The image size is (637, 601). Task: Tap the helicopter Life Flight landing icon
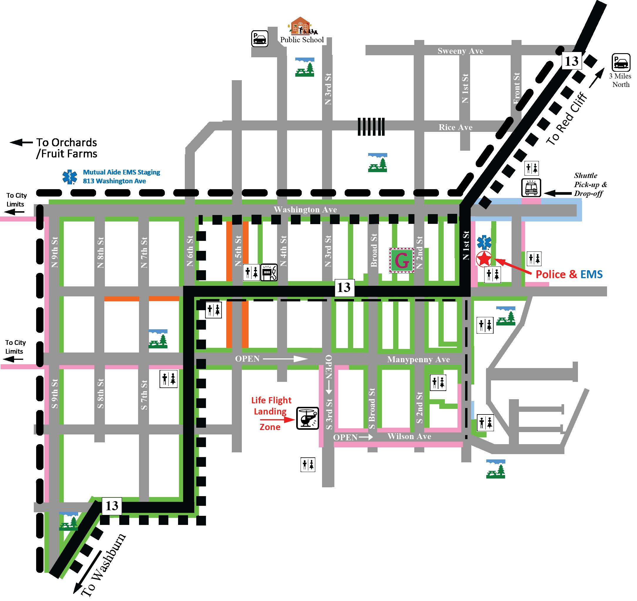click(307, 418)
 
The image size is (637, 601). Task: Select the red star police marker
click(484, 258)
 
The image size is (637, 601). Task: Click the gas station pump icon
click(269, 272)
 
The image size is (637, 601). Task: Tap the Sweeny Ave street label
click(460, 51)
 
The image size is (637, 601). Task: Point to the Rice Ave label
click(455, 127)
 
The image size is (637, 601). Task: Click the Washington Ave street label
click(305, 210)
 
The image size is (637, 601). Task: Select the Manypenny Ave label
click(418, 360)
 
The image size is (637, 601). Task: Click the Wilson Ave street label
click(409, 436)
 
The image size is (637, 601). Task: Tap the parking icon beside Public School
click(259, 39)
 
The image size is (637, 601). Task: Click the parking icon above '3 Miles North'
click(621, 62)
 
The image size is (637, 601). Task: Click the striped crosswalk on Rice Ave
click(371, 127)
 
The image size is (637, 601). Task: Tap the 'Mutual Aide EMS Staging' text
click(121, 172)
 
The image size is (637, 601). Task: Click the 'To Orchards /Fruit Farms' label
click(66, 148)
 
